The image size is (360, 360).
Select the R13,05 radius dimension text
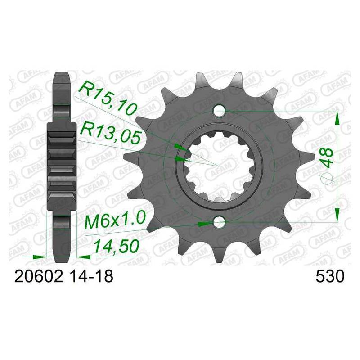coord(110,132)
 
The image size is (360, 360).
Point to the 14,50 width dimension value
coord(117,246)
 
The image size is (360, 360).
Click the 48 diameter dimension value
coord(327,157)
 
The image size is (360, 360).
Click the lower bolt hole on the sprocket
coord(219,222)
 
